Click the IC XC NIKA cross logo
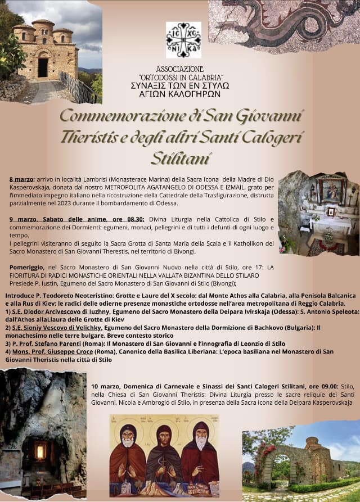click(x=183, y=40)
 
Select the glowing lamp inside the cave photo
click(x=40, y=451)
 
